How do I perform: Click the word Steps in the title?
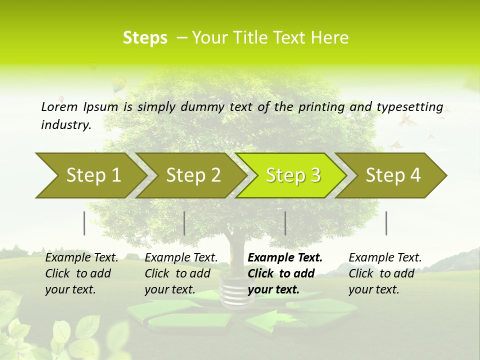point(145,38)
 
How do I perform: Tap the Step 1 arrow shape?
point(90,175)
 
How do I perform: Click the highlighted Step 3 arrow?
point(292,175)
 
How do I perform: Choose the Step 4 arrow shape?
point(392,175)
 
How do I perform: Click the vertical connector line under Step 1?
point(84,223)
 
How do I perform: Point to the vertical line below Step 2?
point(184,223)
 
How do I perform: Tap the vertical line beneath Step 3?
point(285,223)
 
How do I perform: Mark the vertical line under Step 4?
point(386,223)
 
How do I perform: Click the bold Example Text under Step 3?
point(285,273)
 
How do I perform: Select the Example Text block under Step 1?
point(81,273)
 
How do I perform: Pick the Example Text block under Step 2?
point(181,273)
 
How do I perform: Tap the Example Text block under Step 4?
point(385,273)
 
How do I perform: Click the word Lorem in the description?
point(59,106)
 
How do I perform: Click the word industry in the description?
point(65,124)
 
